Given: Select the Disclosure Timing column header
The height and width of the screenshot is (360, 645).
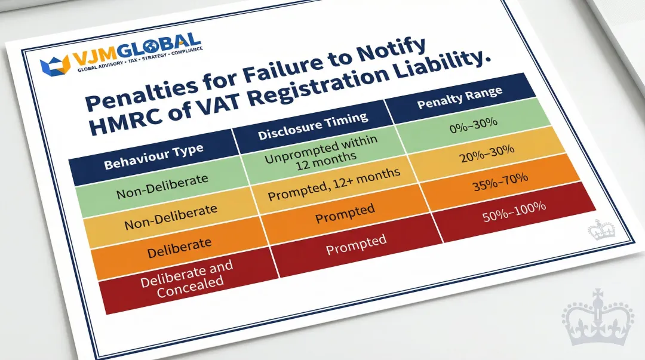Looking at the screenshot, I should point(313,127).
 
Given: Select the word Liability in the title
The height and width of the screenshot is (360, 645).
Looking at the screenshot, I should point(435,70).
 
